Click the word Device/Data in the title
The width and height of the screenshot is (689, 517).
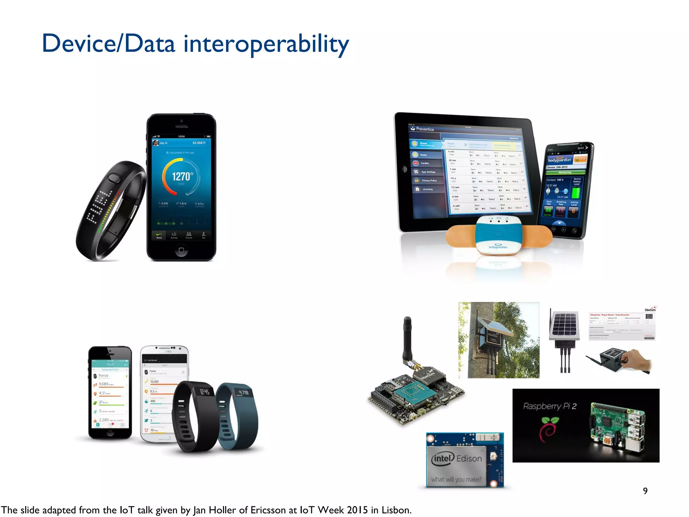tap(108, 44)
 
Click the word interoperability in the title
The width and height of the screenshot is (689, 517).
tap(266, 44)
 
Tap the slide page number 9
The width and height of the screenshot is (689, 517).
tap(645, 491)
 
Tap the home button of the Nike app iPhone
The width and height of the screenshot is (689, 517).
tap(181, 250)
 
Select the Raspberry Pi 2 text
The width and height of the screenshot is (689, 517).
tap(550, 406)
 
